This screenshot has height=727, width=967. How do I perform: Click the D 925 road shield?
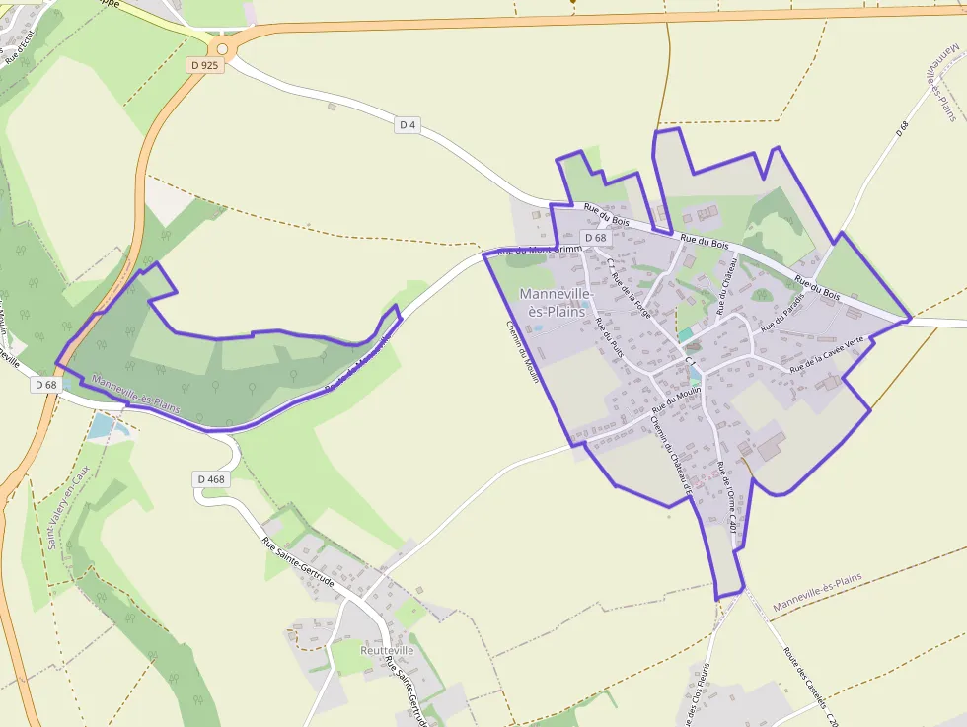click(205, 64)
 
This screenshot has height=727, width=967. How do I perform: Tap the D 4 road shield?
click(408, 124)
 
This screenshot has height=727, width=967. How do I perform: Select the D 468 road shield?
click(211, 479)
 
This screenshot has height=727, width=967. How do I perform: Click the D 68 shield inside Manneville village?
click(596, 238)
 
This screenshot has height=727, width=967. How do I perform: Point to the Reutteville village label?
click(388, 651)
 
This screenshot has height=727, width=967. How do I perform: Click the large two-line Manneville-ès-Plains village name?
click(556, 303)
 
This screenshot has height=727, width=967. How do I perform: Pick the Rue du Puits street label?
click(609, 336)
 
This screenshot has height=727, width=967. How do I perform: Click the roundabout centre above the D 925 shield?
click(221, 48)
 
